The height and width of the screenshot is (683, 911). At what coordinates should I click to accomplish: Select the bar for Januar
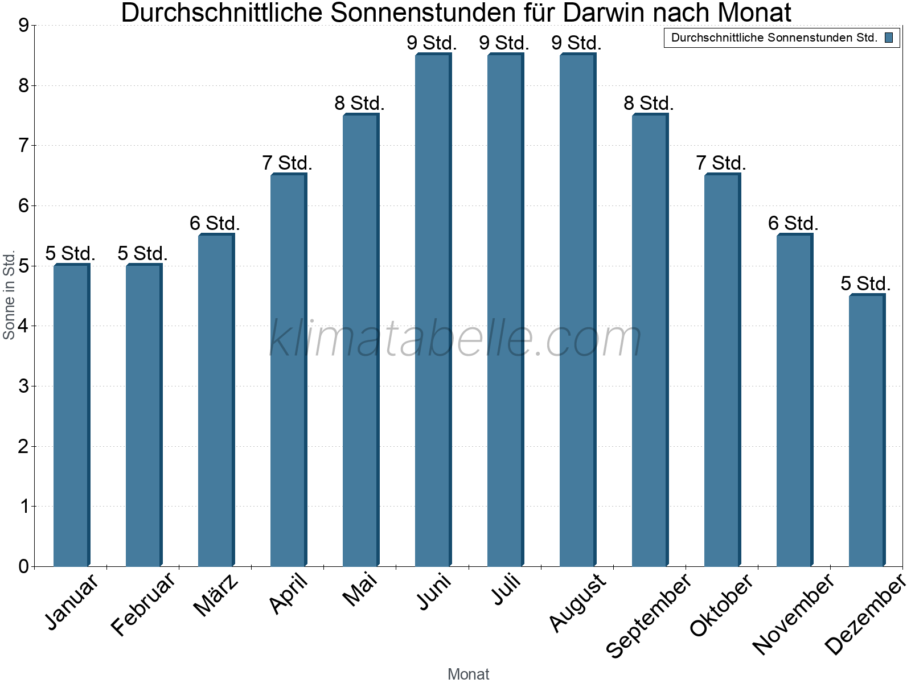(71, 415)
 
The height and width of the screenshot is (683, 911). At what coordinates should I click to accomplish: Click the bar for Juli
(505, 310)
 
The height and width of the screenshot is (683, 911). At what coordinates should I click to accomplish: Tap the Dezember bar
(867, 431)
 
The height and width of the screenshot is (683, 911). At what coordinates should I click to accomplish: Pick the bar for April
(288, 370)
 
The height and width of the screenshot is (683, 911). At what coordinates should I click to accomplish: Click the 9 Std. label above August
(576, 43)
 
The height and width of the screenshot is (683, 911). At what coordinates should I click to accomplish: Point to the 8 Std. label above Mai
(359, 104)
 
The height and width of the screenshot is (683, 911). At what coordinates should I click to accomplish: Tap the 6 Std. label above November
(793, 224)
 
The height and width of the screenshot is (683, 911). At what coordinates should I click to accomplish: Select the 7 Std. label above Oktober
(721, 163)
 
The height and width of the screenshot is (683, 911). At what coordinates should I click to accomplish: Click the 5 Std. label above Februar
(142, 254)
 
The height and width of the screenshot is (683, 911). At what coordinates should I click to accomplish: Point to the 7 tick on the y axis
(23, 146)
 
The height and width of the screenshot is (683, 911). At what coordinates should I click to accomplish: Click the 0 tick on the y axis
(23, 566)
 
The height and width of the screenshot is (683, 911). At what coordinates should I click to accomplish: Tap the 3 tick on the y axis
(23, 386)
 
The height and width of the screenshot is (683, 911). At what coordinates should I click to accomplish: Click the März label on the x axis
(216, 595)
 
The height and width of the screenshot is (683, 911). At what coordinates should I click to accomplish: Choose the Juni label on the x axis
(434, 592)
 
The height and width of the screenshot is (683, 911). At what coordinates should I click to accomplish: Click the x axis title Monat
(468, 674)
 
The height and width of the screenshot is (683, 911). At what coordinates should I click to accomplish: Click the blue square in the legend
(889, 38)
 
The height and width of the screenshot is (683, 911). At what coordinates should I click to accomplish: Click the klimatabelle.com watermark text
(455, 339)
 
